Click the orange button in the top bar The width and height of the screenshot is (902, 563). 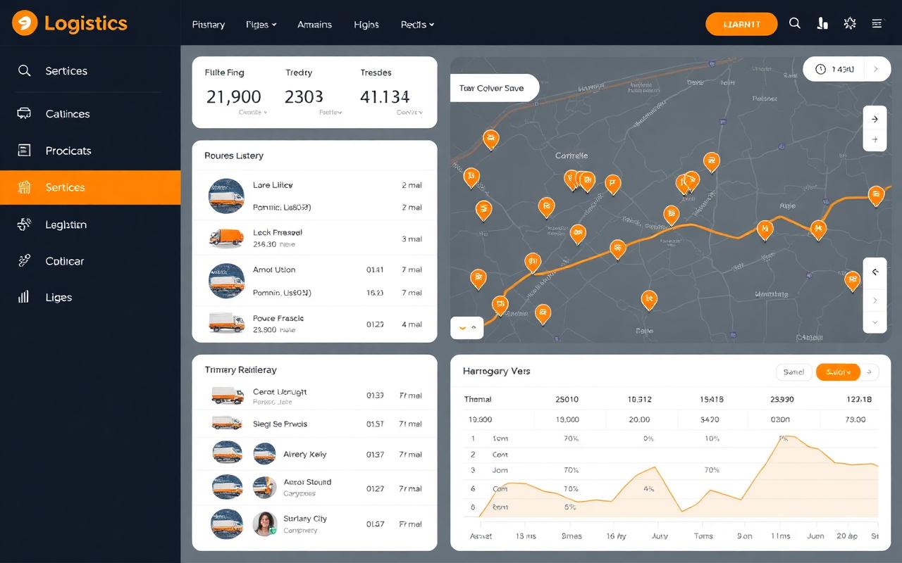coord(741,24)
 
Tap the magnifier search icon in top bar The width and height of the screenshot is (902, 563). coord(795,23)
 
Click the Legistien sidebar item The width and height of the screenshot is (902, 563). coord(66,224)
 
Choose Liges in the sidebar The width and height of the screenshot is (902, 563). coord(58,297)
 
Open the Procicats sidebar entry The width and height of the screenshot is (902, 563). coord(68,151)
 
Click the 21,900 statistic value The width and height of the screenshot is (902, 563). coord(233,96)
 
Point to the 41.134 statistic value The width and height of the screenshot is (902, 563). coord(385,96)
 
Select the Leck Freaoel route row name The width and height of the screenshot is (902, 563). coord(278,232)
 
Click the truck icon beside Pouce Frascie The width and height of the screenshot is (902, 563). coord(226,322)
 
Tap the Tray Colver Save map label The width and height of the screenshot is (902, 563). coord(492,88)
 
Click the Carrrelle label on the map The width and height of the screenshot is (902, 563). coord(571,155)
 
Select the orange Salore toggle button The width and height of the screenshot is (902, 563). coord(838,372)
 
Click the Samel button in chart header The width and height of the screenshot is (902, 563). coord(793,372)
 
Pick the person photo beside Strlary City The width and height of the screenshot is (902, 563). coord(264,524)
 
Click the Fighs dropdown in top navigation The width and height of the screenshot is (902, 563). coord(261,25)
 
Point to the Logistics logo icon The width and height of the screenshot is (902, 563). coord(24,23)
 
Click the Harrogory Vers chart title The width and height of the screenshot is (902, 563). coord(496,371)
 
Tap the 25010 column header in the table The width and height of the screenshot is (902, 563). coord(567,399)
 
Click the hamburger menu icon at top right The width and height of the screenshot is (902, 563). coord(877,23)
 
